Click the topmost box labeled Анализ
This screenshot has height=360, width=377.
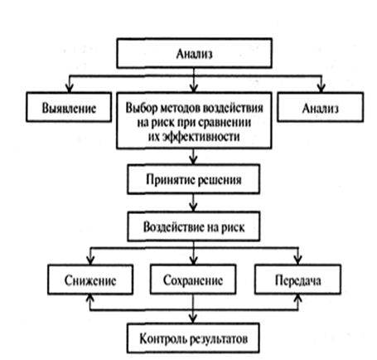click(194, 53)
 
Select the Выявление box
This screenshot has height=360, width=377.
click(69, 107)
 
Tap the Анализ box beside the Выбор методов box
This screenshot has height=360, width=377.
click(321, 107)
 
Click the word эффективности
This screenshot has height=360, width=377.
click(194, 137)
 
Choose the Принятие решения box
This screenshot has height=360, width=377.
click(194, 179)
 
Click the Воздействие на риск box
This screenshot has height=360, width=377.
click(194, 226)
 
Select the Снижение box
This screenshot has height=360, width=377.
click(90, 280)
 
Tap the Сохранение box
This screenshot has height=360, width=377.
click(193, 280)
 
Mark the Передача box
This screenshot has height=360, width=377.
click(297, 280)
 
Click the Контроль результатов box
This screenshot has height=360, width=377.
click(193, 338)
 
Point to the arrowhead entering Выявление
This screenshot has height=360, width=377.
click(70, 88)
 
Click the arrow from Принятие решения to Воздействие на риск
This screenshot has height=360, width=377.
click(194, 202)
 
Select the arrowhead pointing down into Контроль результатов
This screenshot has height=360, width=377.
click(193, 319)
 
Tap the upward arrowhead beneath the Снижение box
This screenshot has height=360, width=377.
click(90, 299)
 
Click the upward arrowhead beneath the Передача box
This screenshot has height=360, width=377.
click(297, 299)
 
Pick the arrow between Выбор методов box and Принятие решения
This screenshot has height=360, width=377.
click(194, 157)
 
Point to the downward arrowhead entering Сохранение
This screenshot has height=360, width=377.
click(194, 260)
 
